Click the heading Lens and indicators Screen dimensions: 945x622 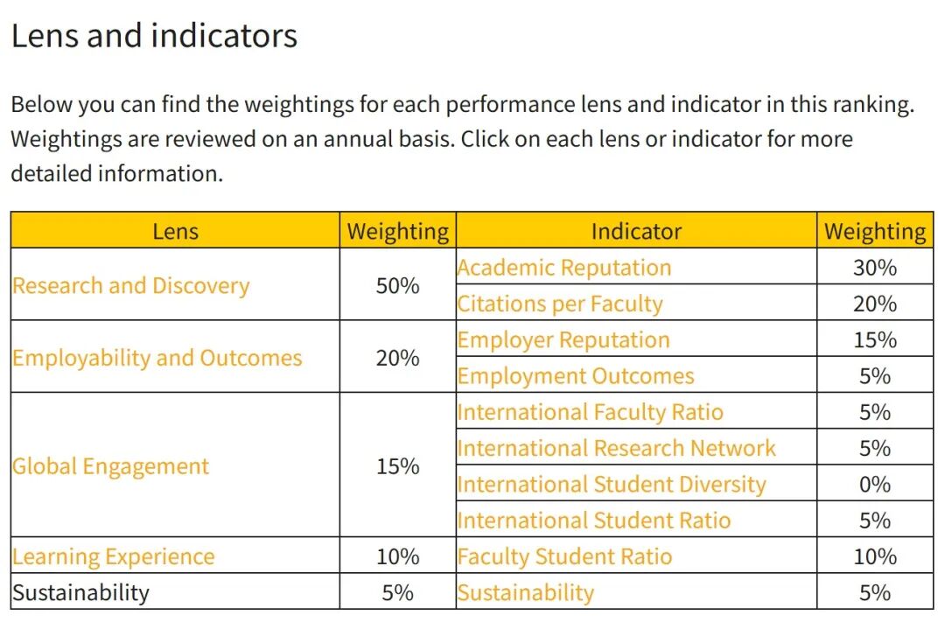[154, 36]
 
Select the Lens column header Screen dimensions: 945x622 [175, 232]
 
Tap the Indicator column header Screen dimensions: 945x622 [636, 232]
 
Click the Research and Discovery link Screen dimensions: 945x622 [130, 286]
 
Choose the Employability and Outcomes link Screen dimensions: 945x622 [157, 358]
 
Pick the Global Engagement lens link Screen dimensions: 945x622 [110, 466]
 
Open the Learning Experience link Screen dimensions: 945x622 [113, 557]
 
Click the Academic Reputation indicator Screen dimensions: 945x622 [564, 268]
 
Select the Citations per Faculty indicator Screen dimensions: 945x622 [560, 304]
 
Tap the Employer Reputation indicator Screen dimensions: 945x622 [563, 340]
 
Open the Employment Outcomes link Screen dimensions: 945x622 [576, 376]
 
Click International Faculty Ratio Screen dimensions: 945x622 [590, 412]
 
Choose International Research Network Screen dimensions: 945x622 [617, 449]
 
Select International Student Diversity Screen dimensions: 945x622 [612, 485]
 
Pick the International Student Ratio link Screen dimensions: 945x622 [593, 521]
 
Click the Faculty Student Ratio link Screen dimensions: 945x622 [564, 557]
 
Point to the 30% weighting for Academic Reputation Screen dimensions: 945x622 [875, 268]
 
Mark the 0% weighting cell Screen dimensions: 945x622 [875, 485]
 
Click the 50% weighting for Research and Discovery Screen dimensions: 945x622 [398, 286]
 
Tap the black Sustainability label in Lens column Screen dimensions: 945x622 [80, 593]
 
